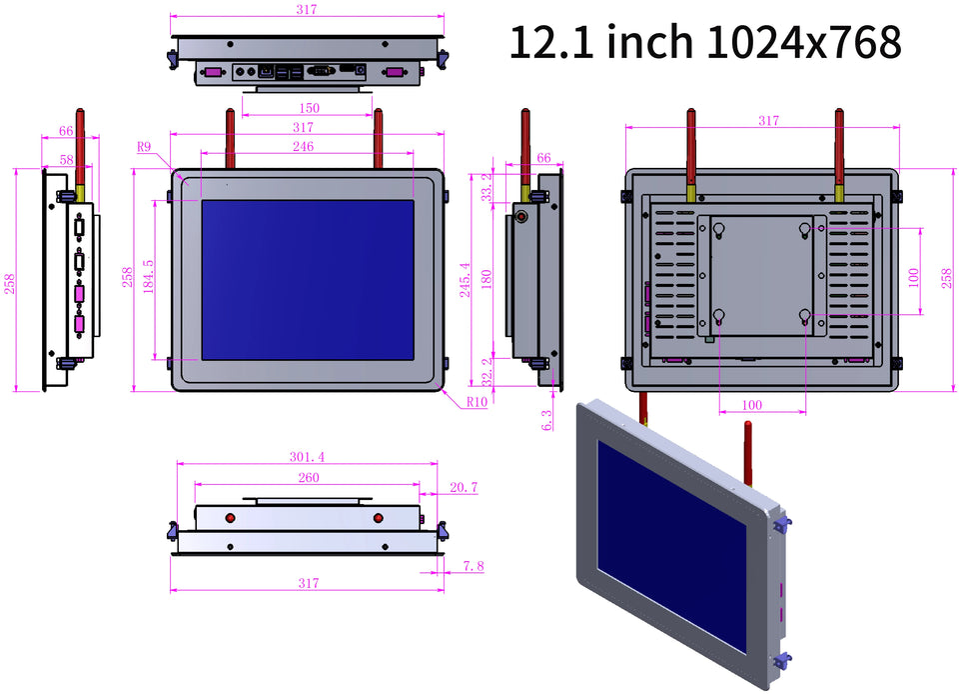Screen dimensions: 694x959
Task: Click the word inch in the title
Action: click(650, 42)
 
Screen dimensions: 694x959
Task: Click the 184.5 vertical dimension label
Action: click(149, 278)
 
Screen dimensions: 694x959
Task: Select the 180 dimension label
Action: click(486, 277)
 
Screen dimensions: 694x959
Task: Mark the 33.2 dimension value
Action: click(486, 186)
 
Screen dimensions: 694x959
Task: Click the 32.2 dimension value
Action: click(486, 371)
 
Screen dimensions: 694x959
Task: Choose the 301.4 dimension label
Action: click(308, 457)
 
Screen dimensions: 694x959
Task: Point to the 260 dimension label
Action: click(308, 478)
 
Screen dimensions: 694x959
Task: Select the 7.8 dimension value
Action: click(474, 566)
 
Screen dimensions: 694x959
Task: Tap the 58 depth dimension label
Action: click(66, 159)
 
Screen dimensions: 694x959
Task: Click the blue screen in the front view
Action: click(308, 279)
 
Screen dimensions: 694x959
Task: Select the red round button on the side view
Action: click(521, 217)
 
